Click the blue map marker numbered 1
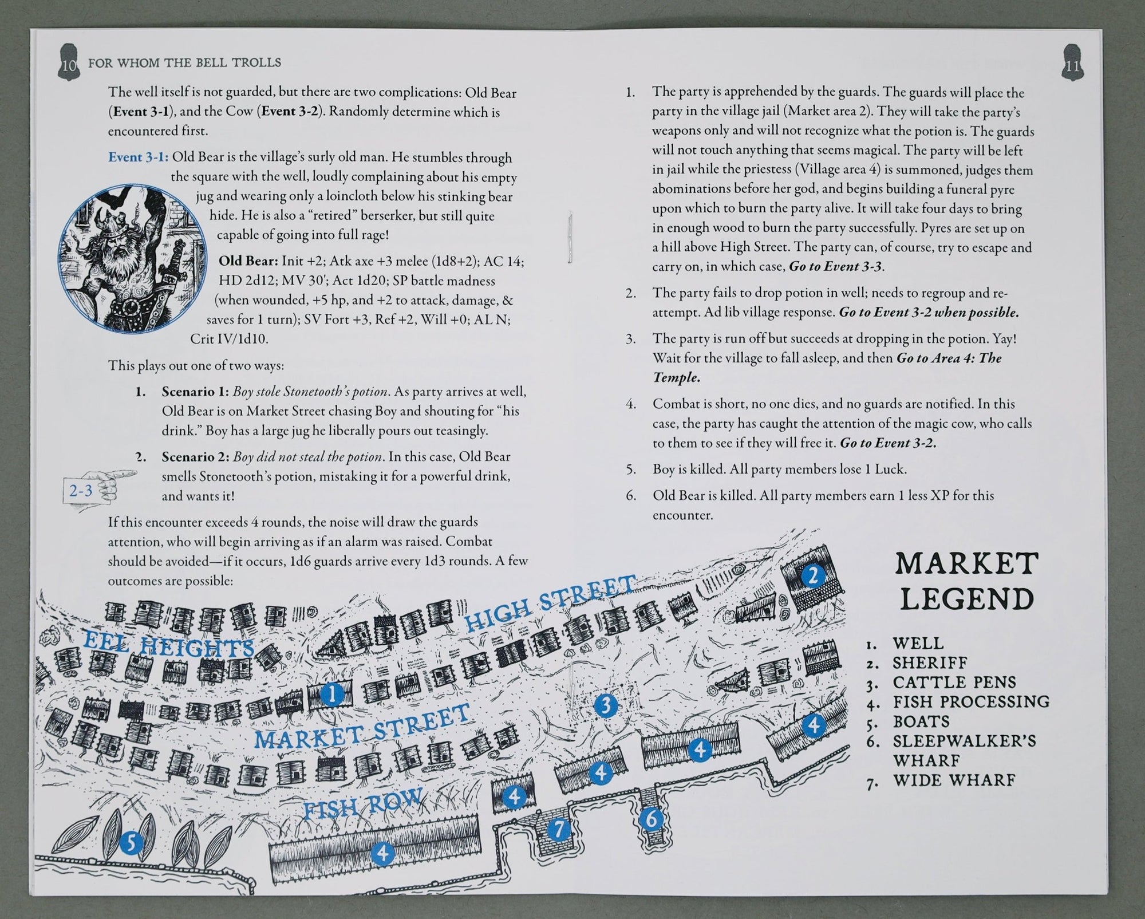tap(332, 695)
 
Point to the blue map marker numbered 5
tap(131, 843)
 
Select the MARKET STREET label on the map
tap(362, 725)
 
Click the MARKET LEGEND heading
tap(967, 582)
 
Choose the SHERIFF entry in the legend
tap(930, 663)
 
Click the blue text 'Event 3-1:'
tap(138, 157)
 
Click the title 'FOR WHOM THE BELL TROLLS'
tap(184, 62)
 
